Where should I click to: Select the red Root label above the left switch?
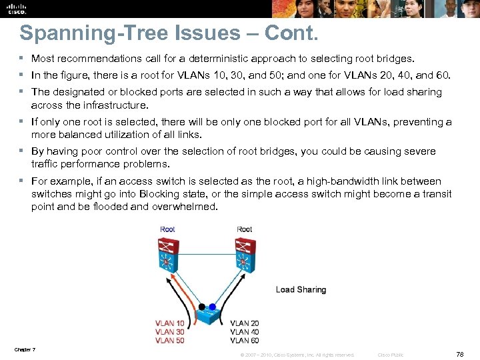point(167,229)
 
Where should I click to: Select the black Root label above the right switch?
point(245,229)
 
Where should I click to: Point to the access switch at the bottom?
point(206,314)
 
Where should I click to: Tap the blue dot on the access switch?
point(212,307)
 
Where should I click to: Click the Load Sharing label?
point(301,290)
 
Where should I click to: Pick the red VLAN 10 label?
point(169,323)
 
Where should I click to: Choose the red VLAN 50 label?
point(169,341)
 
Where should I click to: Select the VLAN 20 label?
point(245,323)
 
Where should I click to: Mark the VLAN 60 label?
point(245,341)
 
